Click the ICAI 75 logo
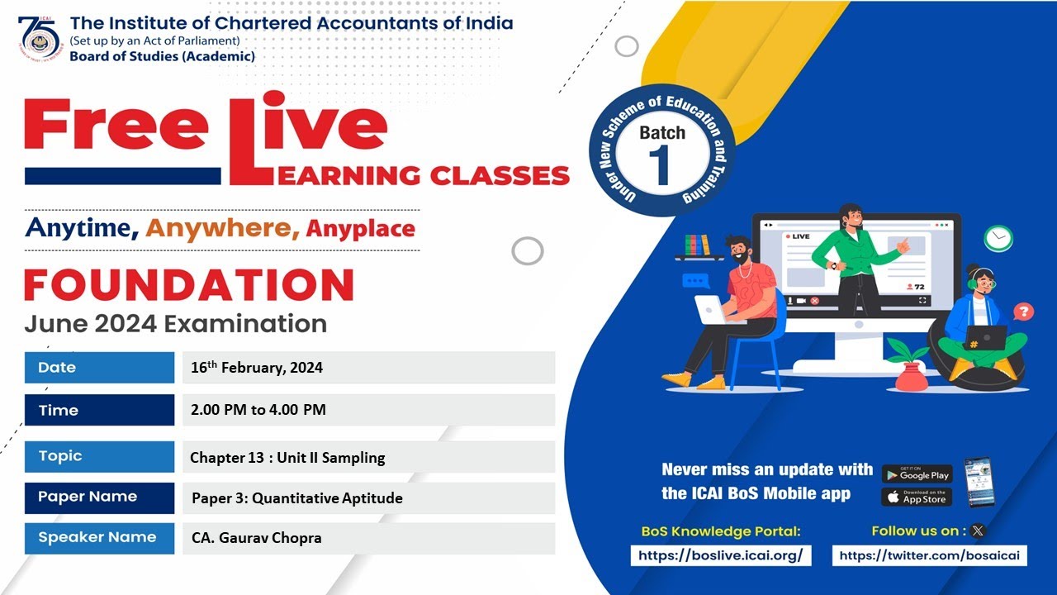[39, 38]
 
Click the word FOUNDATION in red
[189, 285]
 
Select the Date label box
[99, 368]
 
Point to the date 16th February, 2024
[257, 368]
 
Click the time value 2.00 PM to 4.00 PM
[258, 410]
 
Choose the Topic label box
[99, 456]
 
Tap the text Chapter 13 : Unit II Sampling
[287, 457]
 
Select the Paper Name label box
[99, 497]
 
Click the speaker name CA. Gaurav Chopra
[256, 538]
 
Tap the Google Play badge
[917, 474]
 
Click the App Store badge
[917, 497]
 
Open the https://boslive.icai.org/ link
[721, 555]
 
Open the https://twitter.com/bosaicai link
[929, 555]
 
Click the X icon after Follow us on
[979, 531]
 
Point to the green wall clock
[998, 238]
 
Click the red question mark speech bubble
[1023, 312]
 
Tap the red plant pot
[910, 376]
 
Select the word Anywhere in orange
[223, 228]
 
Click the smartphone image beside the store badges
[979, 482]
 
